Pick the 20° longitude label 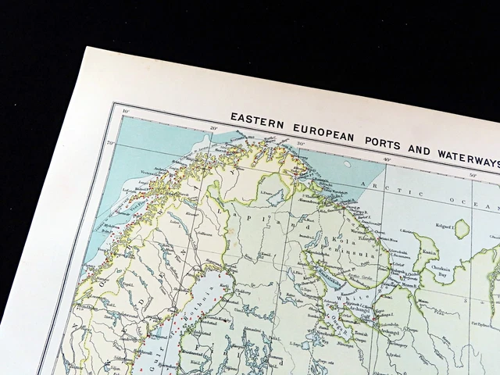click(x=212, y=127)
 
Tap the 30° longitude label click(x=300, y=144)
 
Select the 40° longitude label click(x=386, y=160)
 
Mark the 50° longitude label click(x=471, y=177)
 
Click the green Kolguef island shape click(x=462, y=228)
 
